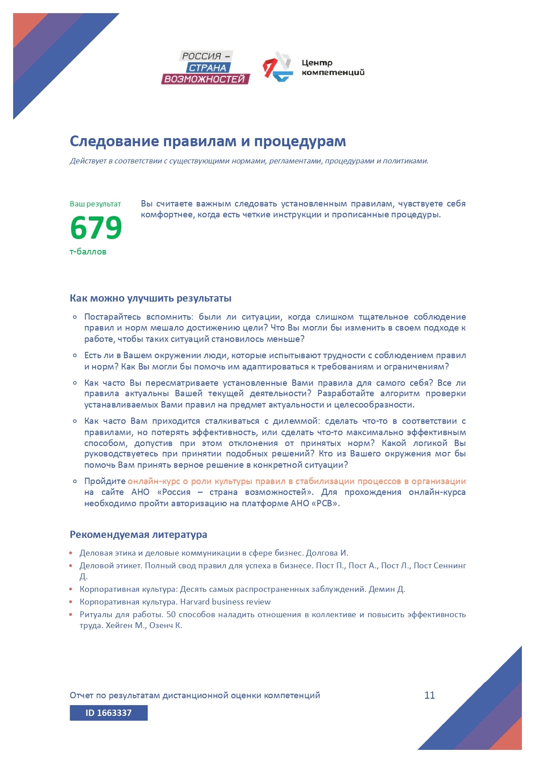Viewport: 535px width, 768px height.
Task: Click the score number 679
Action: pos(96,228)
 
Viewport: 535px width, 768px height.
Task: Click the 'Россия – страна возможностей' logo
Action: pos(206,67)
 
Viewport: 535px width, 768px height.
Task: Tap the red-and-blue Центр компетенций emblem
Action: pos(277,67)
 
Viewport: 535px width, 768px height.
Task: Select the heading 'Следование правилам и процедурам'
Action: pos(208,141)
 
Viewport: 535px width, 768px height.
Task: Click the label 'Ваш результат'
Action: pos(95,204)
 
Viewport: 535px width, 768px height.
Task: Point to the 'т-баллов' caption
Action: pos(88,252)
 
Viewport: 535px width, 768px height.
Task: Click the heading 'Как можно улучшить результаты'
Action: pos(150,298)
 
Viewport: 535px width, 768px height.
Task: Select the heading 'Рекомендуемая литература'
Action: pos(138,535)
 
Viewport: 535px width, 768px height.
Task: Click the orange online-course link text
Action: pos(296,481)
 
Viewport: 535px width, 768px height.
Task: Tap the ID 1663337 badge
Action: pos(109,713)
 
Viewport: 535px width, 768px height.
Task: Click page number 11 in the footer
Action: pos(430,695)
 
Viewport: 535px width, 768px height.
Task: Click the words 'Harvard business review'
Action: pos(225,602)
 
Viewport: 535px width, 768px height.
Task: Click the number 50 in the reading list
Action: pos(171,614)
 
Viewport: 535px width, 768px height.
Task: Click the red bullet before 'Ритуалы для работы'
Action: pos(71,614)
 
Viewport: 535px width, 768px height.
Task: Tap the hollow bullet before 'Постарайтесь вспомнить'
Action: pos(75,317)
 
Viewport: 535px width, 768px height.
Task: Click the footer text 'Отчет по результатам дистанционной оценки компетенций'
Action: pos(195,695)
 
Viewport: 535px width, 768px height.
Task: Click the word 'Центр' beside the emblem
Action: pos(317,62)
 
